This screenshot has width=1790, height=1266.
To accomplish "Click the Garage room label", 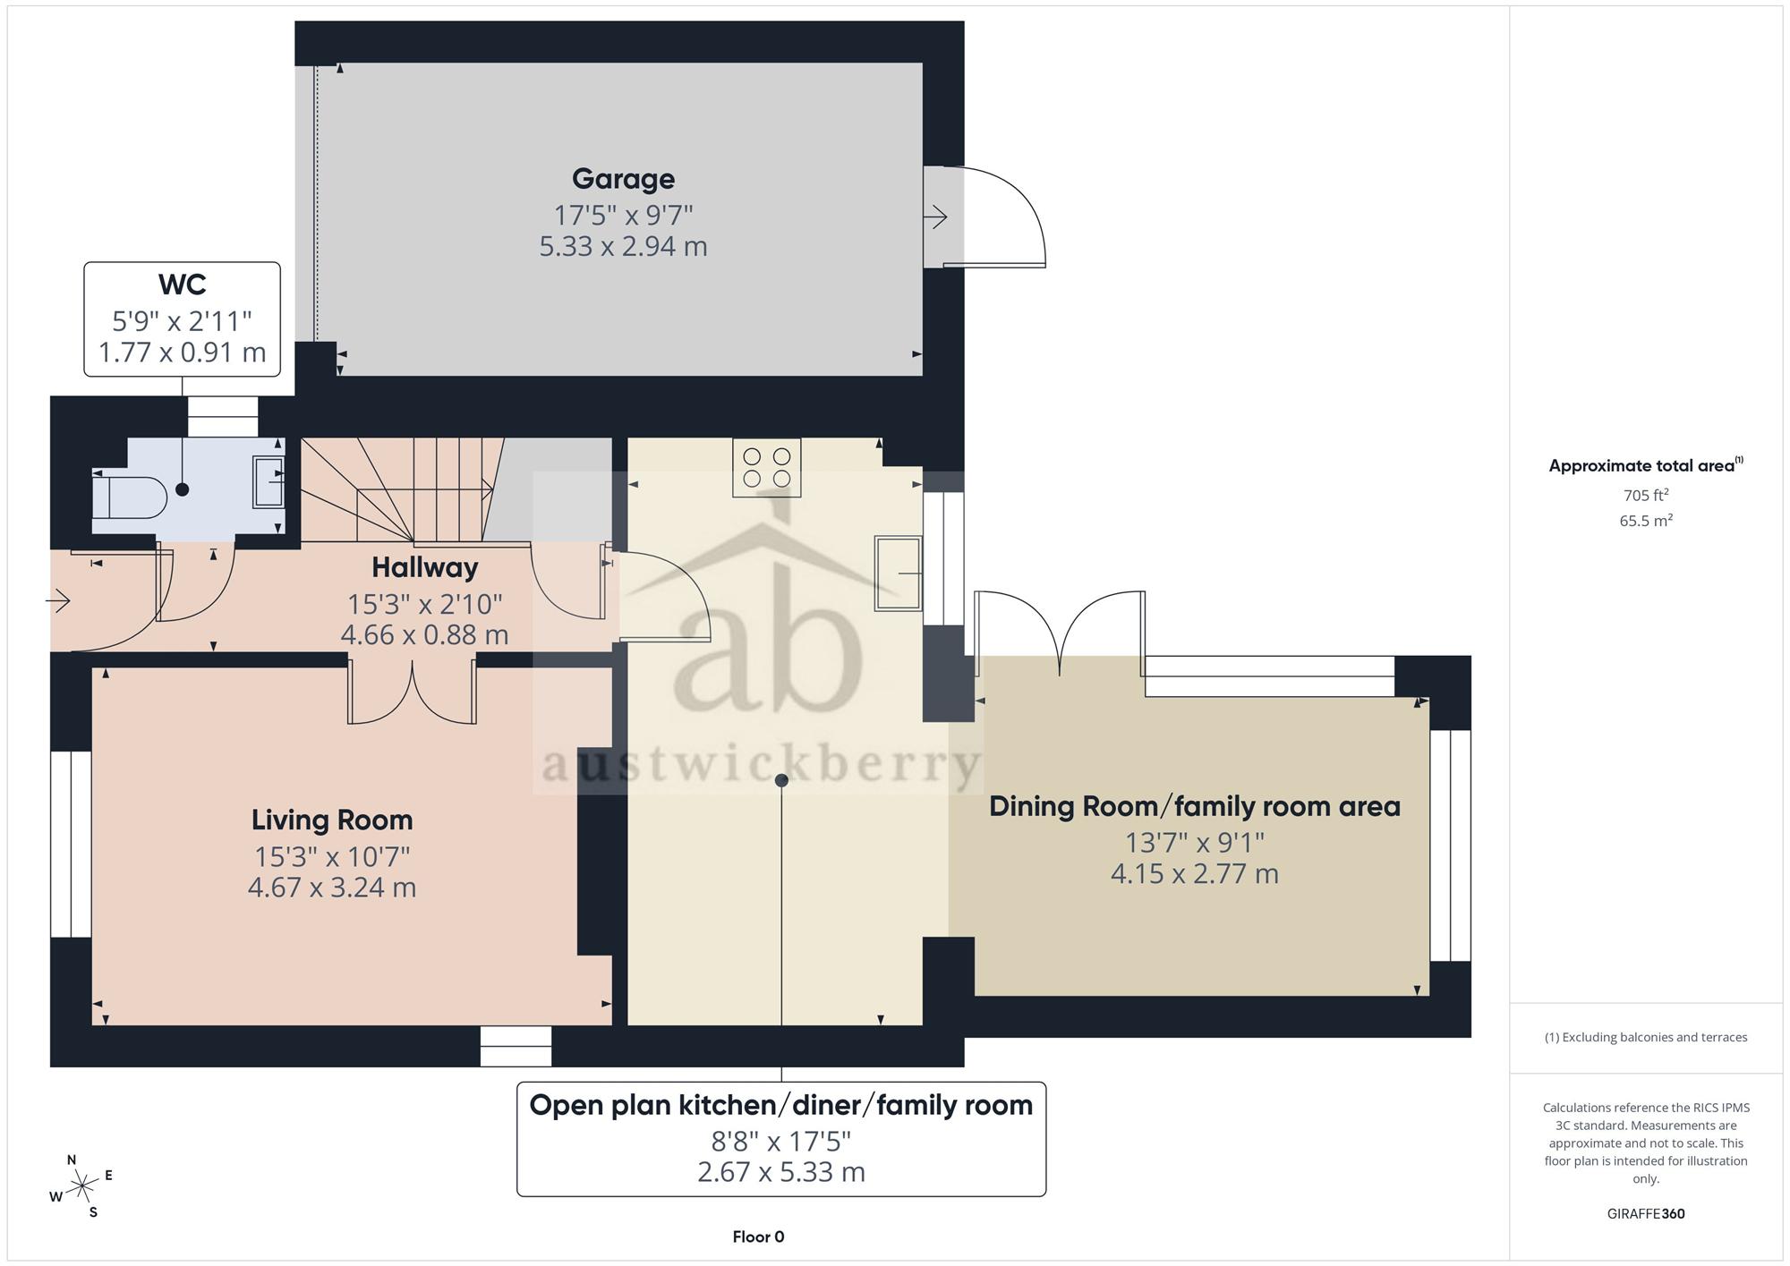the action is coord(623,179).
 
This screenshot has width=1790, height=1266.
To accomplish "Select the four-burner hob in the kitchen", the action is coord(767,467).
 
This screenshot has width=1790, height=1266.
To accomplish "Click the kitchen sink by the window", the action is coord(898,574).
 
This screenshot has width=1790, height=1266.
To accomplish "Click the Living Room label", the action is coord(332,820).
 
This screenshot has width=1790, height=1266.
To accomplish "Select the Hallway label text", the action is coord(425,567).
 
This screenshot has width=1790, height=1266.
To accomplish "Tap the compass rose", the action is coord(82,1186).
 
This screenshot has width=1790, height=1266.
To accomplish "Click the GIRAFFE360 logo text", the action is coord(1646,1214).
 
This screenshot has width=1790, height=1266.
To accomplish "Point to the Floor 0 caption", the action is coord(758,1237).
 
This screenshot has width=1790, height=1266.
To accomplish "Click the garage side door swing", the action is coord(994,217).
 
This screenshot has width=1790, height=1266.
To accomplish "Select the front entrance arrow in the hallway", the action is coord(58,599).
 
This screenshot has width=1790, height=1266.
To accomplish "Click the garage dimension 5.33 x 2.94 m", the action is coord(623,246).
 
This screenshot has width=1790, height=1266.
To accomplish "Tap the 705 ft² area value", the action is coord(1646,495).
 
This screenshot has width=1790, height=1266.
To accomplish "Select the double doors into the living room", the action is coord(412,692).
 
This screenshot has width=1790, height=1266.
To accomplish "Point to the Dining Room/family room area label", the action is coord(1195,807).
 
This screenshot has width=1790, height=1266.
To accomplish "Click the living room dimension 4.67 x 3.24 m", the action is coord(332,888).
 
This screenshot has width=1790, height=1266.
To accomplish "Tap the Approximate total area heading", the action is coord(1646,465).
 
